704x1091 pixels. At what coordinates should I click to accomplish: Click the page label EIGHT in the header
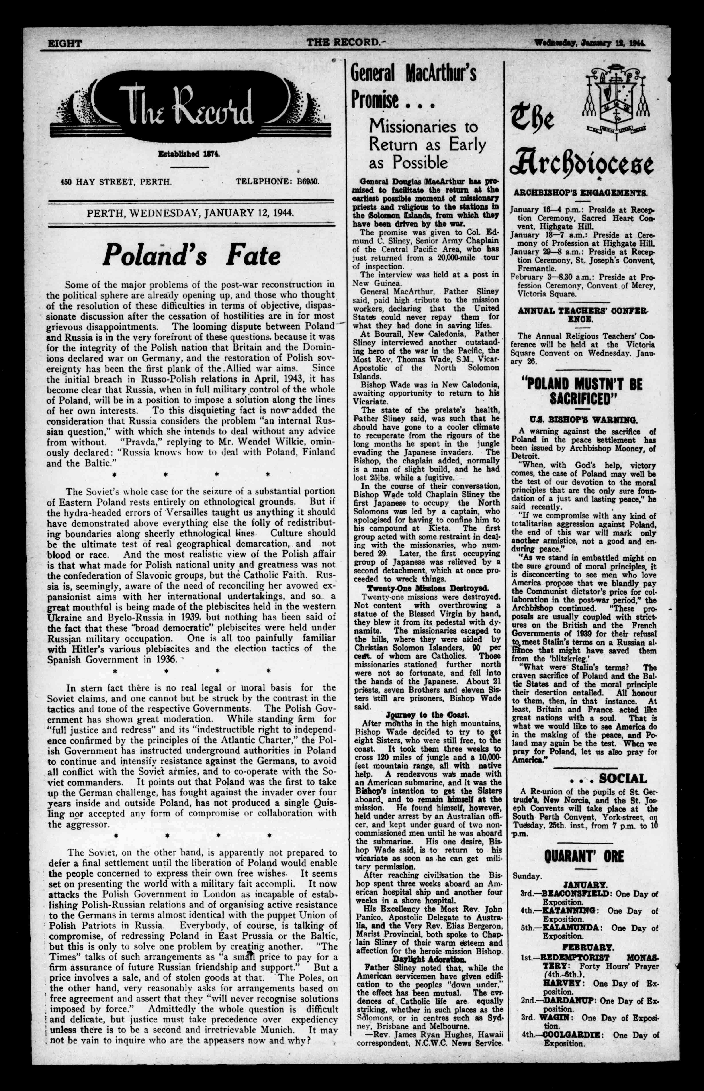coord(65,43)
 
